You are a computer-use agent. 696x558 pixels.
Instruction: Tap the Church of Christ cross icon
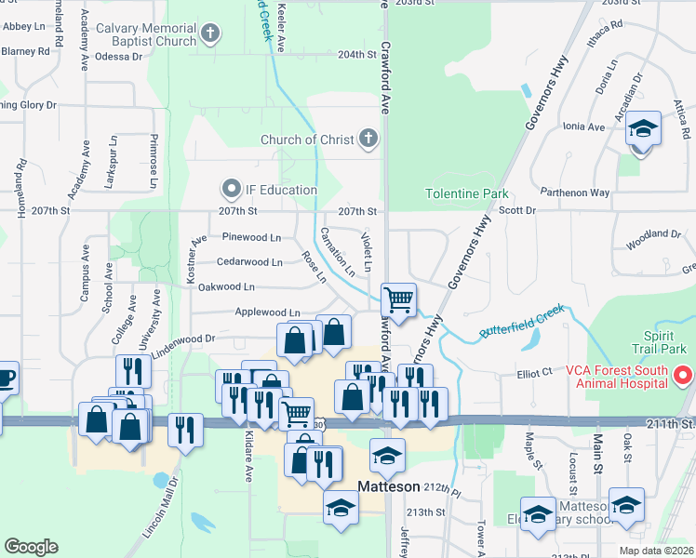[368, 139]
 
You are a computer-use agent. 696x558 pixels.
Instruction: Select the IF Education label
[281, 190]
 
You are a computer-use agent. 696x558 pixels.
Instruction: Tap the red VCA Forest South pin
[683, 376]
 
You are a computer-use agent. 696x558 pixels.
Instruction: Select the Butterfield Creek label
[522, 319]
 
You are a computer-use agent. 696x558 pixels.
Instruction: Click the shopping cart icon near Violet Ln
[398, 299]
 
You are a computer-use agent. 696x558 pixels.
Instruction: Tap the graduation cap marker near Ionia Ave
[643, 127]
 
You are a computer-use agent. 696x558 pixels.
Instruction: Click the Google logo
[31, 547]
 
